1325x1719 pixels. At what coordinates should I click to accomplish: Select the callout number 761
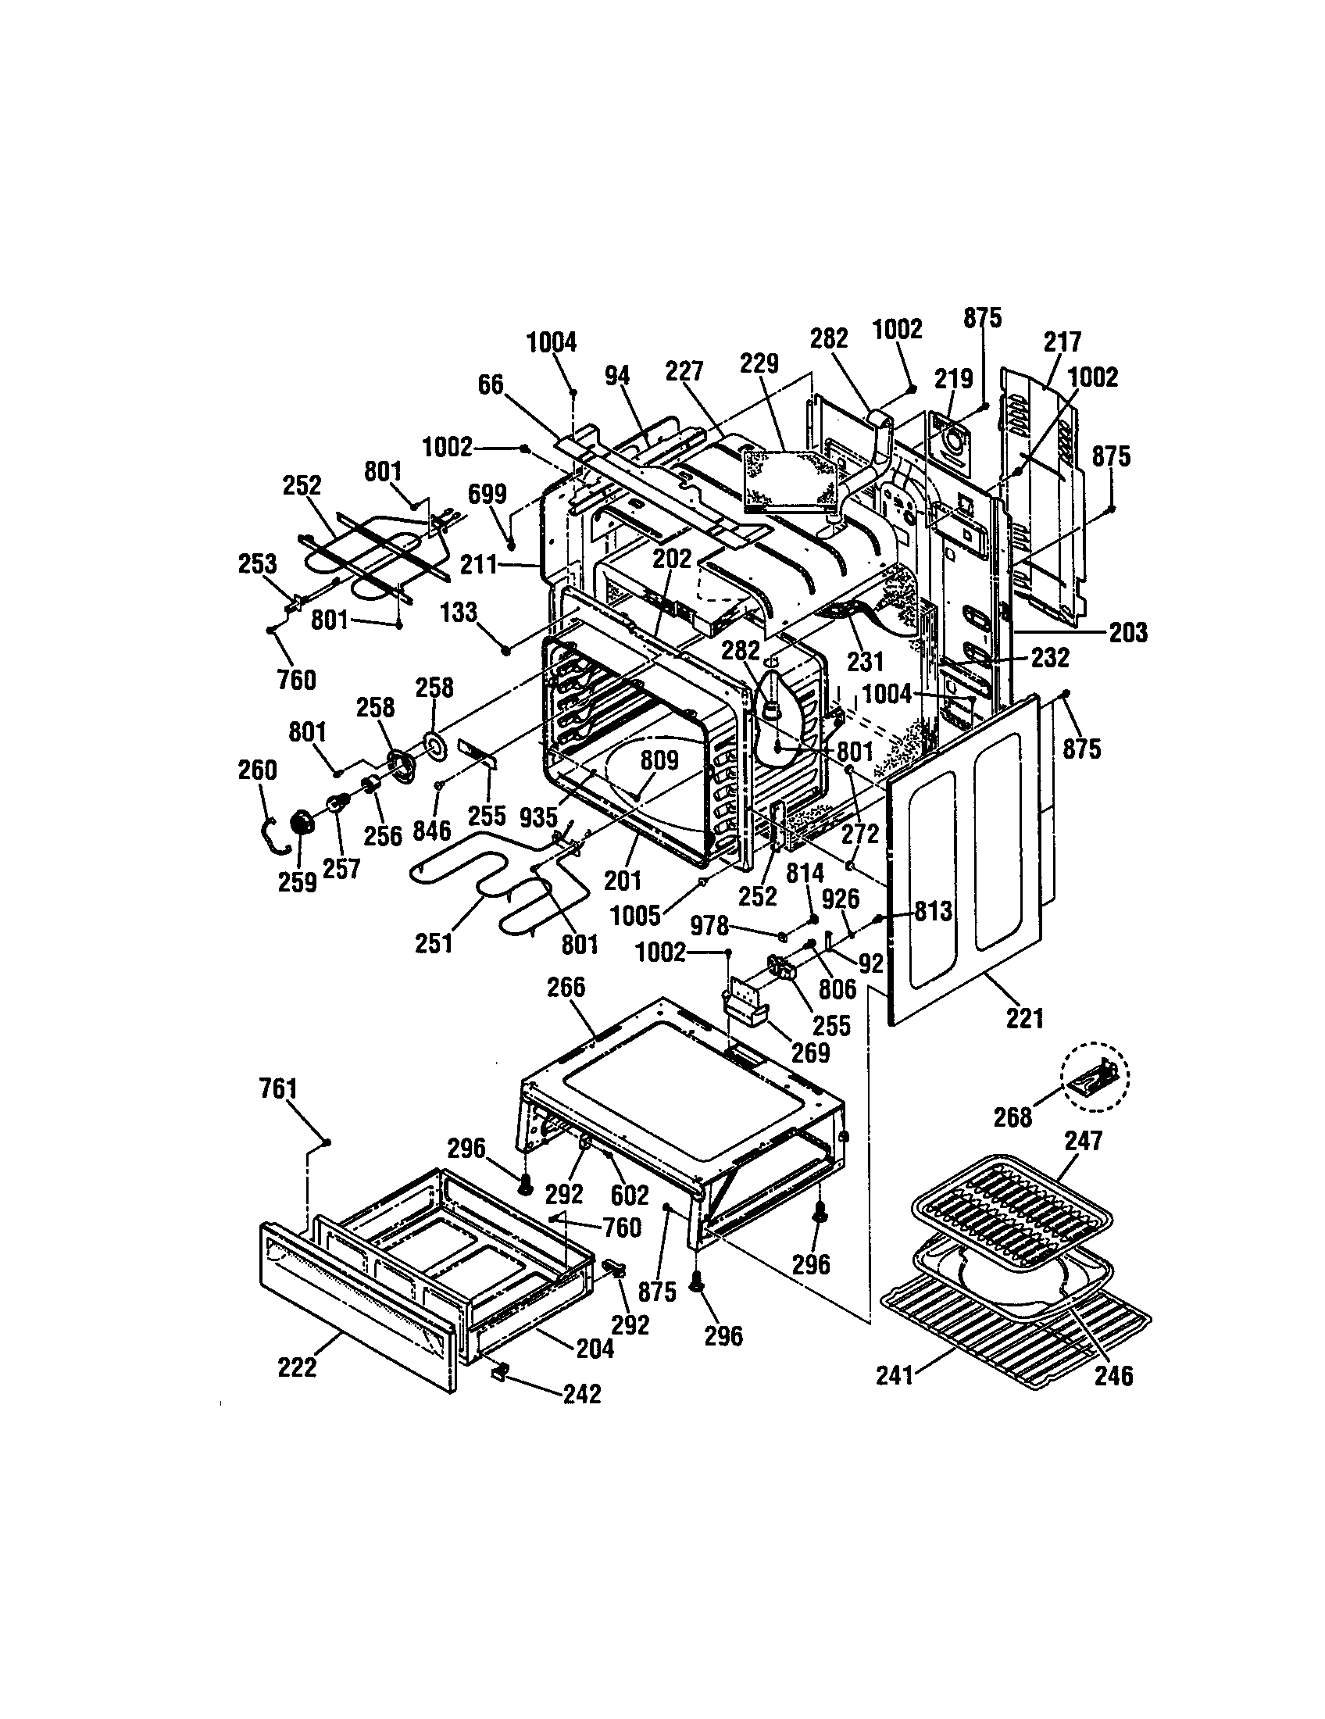tap(278, 1089)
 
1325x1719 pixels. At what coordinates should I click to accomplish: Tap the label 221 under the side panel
tap(1024, 1018)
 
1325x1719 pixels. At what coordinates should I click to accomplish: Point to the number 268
tap(1012, 1117)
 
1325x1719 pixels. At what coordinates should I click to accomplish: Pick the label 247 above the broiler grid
tap(1084, 1141)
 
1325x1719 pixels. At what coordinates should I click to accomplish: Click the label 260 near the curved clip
tap(257, 770)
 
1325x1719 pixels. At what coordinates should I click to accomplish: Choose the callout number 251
tap(434, 942)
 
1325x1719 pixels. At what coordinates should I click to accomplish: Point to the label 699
tap(487, 495)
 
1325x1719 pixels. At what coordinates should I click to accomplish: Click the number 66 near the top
tap(491, 385)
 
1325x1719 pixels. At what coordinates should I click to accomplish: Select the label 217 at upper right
tap(1062, 341)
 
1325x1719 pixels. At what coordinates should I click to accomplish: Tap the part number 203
tap(1128, 632)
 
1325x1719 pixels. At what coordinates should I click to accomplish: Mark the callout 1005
tap(635, 915)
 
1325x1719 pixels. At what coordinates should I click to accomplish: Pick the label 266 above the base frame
tap(566, 987)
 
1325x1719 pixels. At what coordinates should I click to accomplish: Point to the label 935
tap(538, 818)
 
